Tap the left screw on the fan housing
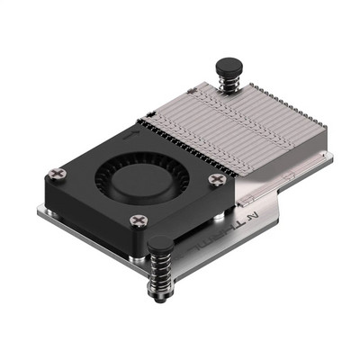[x=59, y=172]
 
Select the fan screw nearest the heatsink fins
[x=215, y=179]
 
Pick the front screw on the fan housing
[x=139, y=220]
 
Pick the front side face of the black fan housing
[x=99, y=226]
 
